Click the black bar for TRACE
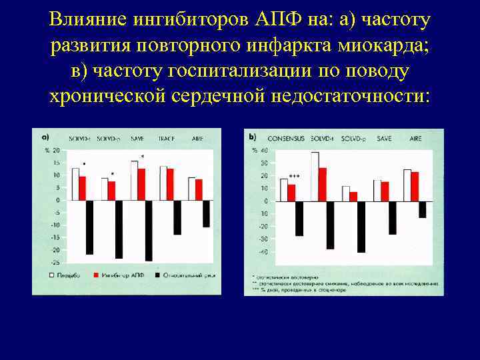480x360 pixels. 177,217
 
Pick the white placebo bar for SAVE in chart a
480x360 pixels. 135,180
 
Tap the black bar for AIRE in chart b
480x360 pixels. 422,209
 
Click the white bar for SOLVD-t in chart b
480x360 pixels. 315,176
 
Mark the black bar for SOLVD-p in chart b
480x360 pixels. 361,227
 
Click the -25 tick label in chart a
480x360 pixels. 56,263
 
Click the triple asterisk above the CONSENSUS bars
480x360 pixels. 294,177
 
